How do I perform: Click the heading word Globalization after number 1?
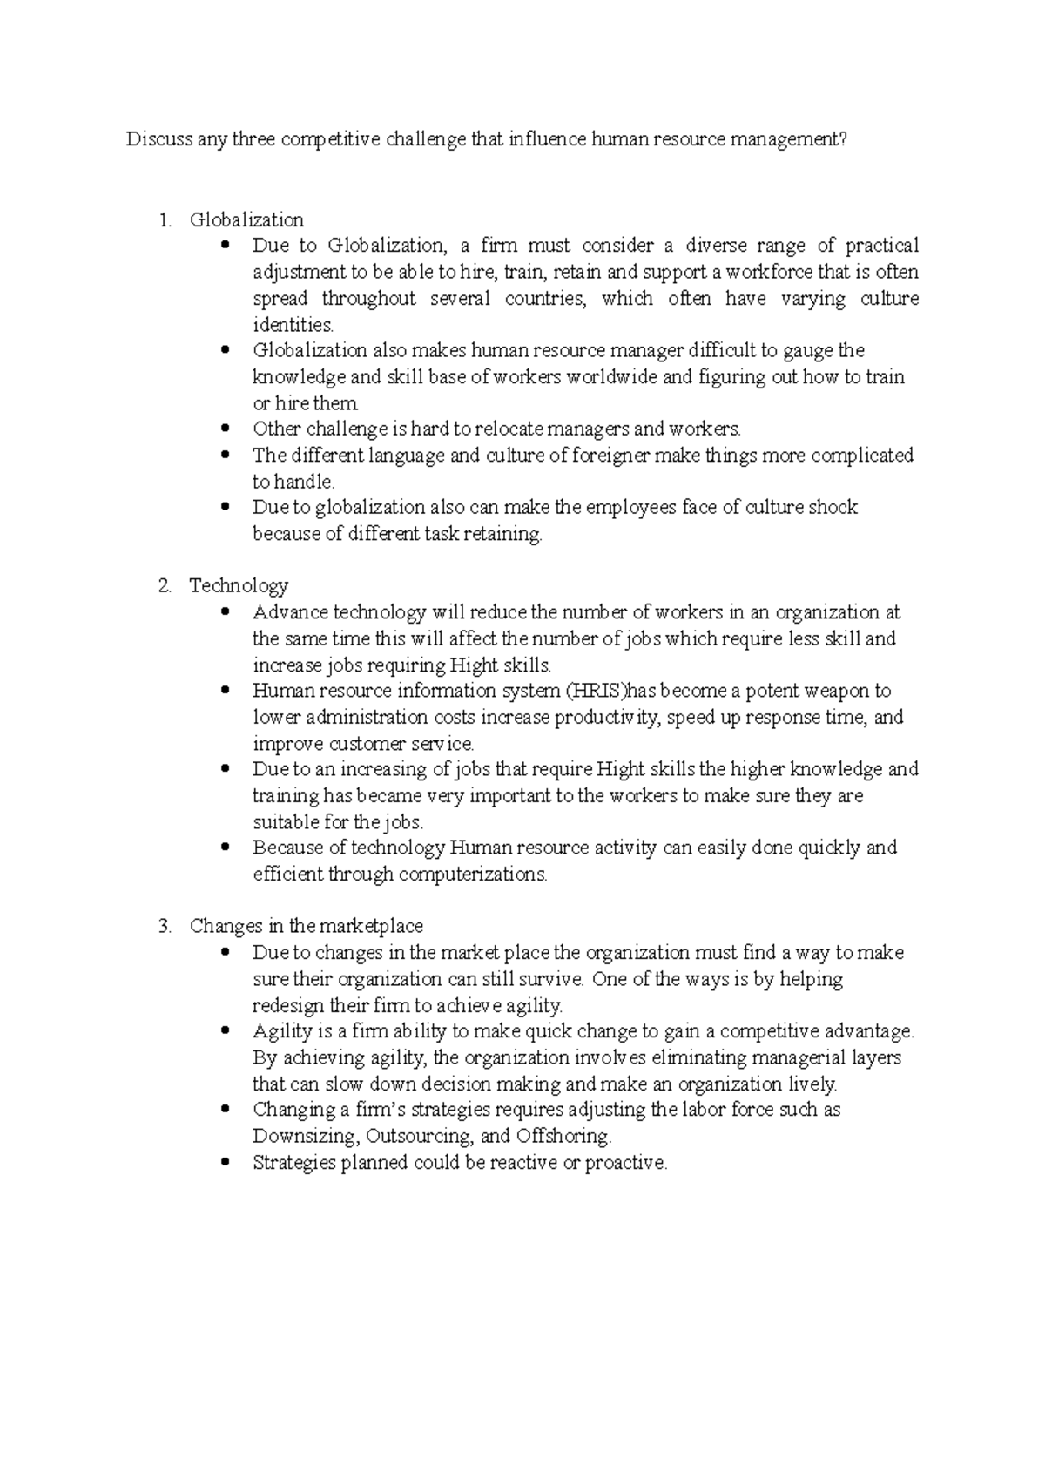coord(246,219)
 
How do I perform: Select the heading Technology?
coord(239,586)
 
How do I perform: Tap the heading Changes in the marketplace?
coord(307,926)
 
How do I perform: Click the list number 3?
coord(165,926)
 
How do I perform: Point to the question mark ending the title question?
coord(841,139)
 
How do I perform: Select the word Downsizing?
coord(305,1137)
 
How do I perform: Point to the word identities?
coord(293,326)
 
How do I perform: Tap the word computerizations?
coord(473,875)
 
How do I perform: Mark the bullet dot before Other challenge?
coord(226,429)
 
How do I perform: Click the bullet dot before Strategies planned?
coord(226,1162)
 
